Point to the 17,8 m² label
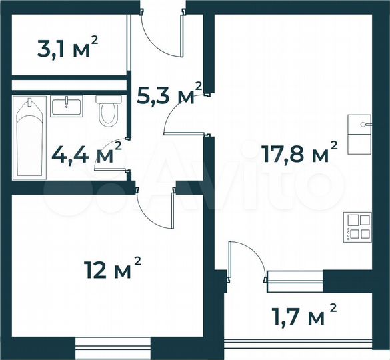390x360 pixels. pos(298,155)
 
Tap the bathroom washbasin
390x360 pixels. pos(66,107)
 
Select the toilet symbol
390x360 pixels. pos(106,111)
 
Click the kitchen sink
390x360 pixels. pos(360,124)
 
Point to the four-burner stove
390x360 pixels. pos(357,225)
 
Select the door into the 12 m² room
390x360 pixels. pos(157,207)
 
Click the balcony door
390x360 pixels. pos(245,260)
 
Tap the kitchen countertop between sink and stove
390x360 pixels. pos(360,180)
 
